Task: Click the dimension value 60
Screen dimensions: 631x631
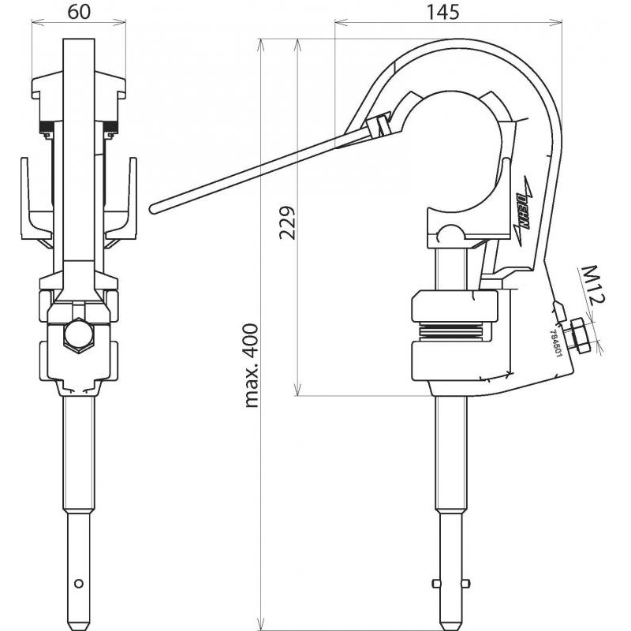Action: pos(79,12)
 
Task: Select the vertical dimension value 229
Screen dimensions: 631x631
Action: pos(287,222)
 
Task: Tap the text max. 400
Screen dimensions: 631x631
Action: pos(252,365)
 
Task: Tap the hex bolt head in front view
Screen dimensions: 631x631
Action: pos(79,334)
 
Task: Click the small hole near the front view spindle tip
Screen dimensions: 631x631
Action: pos(79,584)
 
